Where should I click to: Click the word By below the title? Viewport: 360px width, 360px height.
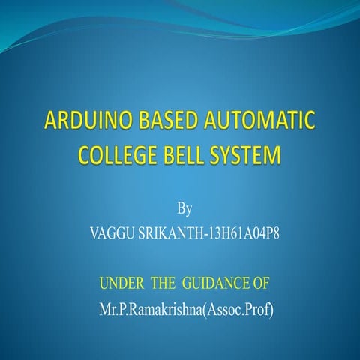click(183, 206)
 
